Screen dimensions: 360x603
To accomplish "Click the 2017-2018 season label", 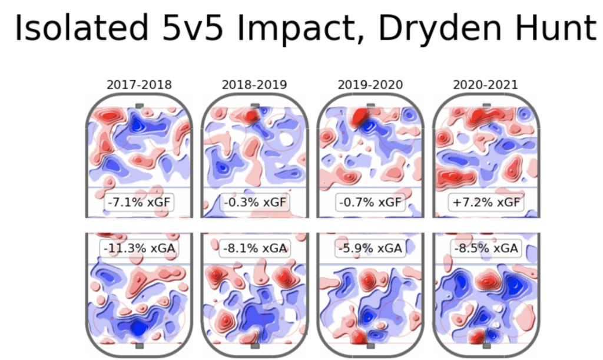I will pos(139,85).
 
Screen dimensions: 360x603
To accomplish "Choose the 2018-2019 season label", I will pos(254,85).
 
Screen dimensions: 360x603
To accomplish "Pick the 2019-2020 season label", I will pos(370,85).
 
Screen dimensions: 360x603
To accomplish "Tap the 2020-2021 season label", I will pos(485,85).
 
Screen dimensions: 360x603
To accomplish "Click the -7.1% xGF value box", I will pos(139,202).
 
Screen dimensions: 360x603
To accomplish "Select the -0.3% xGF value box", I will pos(254,202).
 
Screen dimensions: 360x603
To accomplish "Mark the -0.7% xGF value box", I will pos(370,202).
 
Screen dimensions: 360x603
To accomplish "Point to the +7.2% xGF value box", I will pos(485,202).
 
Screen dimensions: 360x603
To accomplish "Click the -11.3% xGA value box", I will pos(139,249).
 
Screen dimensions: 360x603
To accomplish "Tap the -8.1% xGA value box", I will pos(254,249).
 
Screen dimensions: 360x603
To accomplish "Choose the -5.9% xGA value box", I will pos(370,249).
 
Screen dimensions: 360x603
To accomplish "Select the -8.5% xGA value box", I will pos(485,249).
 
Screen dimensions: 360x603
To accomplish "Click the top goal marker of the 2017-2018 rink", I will pos(139,105).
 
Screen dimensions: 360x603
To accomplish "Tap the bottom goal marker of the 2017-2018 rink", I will pos(139,346).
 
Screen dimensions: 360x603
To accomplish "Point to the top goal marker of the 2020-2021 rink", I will pos(486,105).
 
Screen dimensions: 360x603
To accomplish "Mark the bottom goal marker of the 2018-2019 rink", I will pos(254,346).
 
